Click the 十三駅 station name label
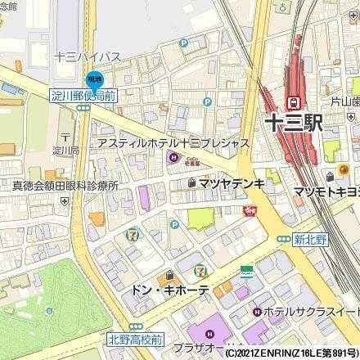293,123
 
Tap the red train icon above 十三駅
292,101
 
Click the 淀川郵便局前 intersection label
83,95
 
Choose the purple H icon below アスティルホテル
172,157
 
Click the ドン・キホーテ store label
169,290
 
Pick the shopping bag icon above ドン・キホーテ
169,275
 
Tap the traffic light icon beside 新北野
284,238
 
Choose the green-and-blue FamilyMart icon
247,270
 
